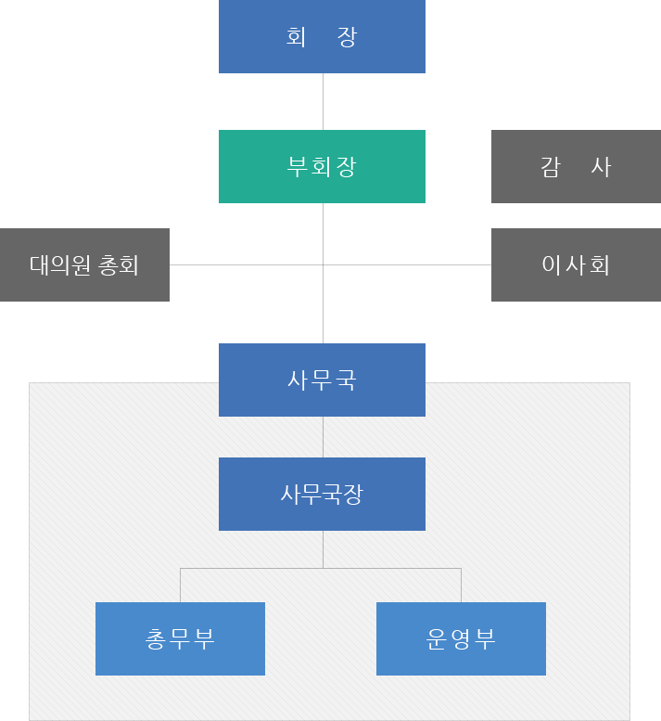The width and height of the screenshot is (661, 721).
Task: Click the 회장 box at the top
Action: pyautogui.click(x=322, y=36)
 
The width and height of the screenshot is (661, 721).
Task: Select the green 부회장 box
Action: pyautogui.click(x=322, y=166)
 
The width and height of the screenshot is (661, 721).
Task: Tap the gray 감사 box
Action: pyautogui.click(x=576, y=166)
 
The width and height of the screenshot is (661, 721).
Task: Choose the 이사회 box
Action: pyautogui.click(x=576, y=264)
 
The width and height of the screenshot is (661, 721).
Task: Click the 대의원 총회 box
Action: pyautogui.click(x=84, y=264)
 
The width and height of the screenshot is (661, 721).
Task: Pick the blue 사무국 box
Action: pyautogui.click(x=322, y=380)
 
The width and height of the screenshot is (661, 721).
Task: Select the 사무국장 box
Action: pyautogui.click(x=322, y=494)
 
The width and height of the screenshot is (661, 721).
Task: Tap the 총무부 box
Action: pyautogui.click(x=180, y=638)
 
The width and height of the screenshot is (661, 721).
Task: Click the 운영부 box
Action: pyautogui.click(x=461, y=638)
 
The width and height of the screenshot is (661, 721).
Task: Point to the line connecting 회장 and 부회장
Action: pyautogui.click(x=323, y=101)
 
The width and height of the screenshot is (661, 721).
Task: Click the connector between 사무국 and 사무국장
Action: pyautogui.click(x=323, y=436)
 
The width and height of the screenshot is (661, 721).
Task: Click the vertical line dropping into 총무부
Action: pyautogui.click(x=180, y=585)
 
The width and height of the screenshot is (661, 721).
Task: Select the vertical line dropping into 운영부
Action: pyautogui.click(x=461, y=585)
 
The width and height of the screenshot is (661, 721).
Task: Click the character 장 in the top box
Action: pyautogui.click(x=348, y=37)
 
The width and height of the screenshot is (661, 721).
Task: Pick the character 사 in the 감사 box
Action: pyautogui.click(x=601, y=167)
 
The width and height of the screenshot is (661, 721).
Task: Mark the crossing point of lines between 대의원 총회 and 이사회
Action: pyautogui.click(x=323, y=264)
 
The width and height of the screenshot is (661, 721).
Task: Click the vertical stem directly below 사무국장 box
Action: pyautogui.click(x=323, y=548)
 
